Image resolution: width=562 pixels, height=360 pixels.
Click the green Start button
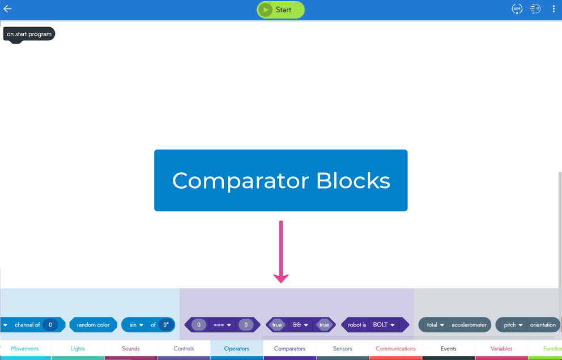click(x=280, y=10)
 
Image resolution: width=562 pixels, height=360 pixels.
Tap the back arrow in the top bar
click(x=8, y=9)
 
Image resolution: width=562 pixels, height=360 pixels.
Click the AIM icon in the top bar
click(x=517, y=9)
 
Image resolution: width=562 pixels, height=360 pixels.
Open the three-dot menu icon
click(x=554, y=9)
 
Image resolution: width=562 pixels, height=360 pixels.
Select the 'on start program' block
click(x=29, y=34)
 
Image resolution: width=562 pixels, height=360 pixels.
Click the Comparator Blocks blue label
click(x=280, y=180)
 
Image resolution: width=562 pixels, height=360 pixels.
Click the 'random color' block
click(x=93, y=325)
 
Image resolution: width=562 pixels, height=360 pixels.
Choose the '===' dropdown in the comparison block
click(x=222, y=325)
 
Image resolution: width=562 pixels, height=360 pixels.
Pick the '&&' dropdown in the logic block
click(x=300, y=325)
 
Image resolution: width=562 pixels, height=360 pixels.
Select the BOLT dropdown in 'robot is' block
click(x=384, y=325)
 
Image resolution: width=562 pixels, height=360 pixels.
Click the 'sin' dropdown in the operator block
click(x=136, y=325)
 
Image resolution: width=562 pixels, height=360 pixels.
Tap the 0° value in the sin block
click(x=166, y=325)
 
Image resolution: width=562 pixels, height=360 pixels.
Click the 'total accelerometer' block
click(x=455, y=325)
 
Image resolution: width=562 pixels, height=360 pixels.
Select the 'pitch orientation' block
click(x=529, y=325)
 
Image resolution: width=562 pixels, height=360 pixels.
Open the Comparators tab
click(x=289, y=349)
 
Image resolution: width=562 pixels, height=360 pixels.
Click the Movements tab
click(x=25, y=349)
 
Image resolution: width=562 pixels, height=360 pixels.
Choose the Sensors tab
click(x=342, y=349)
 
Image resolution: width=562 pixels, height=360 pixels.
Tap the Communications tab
click(x=395, y=349)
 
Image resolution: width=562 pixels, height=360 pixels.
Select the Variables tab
click(x=501, y=349)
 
